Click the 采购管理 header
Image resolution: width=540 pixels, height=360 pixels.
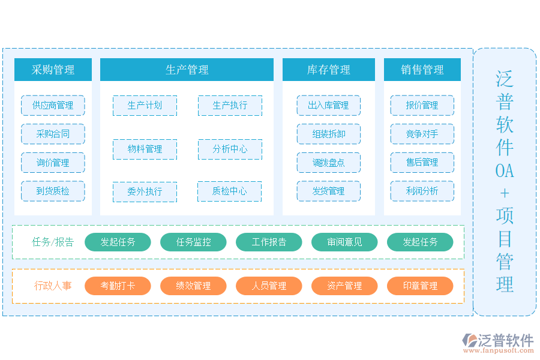pyautogui.click(x=53, y=70)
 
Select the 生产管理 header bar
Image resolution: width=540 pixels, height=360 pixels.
pyautogui.click(x=187, y=70)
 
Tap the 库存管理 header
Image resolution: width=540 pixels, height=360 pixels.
pyautogui.click(x=328, y=70)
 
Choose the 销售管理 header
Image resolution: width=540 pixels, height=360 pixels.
pyautogui.click(x=422, y=70)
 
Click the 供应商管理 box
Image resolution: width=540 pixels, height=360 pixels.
pyautogui.click(x=53, y=106)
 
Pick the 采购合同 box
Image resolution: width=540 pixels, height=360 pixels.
pyautogui.click(x=53, y=134)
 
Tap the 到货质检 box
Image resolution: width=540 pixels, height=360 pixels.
pyautogui.click(x=53, y=191)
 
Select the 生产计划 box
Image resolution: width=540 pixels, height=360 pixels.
pyautogui.click(x=145, y=106)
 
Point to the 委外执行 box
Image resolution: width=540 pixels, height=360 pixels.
pyautogui.click(x=145, y=192)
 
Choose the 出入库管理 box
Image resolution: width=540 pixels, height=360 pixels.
pyautogui.click(x=328, y=106)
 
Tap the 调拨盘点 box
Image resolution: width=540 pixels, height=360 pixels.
pyautogui.click(x=328, y=163)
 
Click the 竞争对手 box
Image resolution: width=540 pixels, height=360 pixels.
pyautogui.click(x=422, y=134)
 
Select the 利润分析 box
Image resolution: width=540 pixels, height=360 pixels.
pyautogui.click(x=422, y=191)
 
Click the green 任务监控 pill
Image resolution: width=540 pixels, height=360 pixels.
pyautogui.click(x=193, y=242)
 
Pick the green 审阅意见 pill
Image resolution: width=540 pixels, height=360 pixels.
pyautogui.click(x=344, y=242)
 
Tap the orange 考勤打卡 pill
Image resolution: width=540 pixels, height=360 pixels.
pyautogui.click(x=118, y=286)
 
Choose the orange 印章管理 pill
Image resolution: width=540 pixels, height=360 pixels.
pyautogui.click(x=420, y=286)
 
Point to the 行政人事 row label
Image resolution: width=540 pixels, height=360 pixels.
pyautogui.click(x=53, y=286)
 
